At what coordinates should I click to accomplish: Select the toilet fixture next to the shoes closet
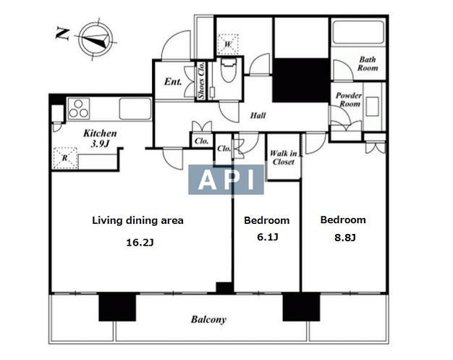coord(229,70)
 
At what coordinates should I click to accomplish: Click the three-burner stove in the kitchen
coord(79,109)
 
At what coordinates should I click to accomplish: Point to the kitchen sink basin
coord(135,109)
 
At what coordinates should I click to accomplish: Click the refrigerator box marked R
coord(65,158)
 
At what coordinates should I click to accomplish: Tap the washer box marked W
coord(228,44)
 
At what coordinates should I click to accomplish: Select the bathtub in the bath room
coord(358,32)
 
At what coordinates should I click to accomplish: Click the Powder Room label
coord(349,99)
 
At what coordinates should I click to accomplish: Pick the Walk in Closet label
coord(284,158)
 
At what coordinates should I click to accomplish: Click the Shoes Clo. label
coord(201,80)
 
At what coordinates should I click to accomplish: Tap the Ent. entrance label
coord(173,82)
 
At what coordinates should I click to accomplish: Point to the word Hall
coord(258,116)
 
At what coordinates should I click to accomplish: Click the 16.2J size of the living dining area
coord(140,243)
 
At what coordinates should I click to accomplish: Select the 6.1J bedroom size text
coord(268,238)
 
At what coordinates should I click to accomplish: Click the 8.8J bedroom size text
coord(345,238)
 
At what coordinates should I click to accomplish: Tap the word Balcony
coord(208,319)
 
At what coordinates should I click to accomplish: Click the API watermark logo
coord(226,180)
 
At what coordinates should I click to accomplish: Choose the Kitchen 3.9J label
coord(100,138)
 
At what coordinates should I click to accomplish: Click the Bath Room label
coord(368,64)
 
